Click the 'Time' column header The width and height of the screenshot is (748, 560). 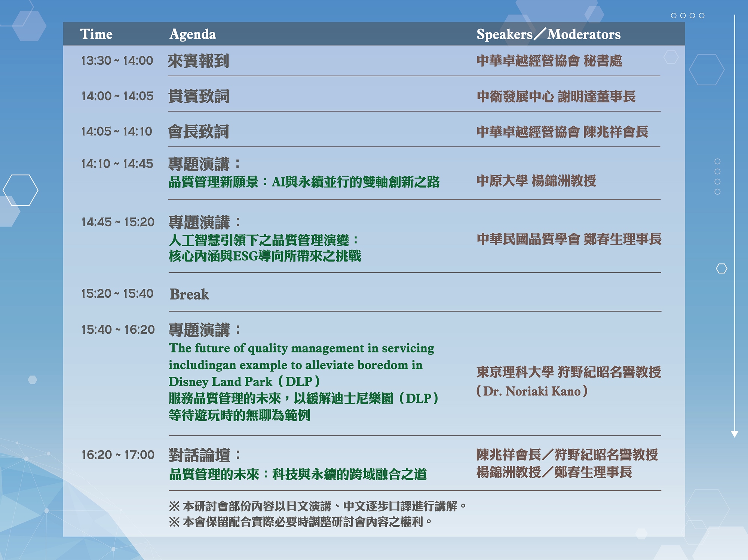(x=96, y=34)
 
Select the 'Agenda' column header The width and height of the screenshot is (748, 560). (x=193, y=34)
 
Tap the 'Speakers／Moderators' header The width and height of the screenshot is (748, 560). (x=548, y=34)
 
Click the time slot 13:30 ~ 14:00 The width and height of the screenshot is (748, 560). (x=117, y=60)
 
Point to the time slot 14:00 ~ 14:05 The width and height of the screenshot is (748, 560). (x=117, y=96)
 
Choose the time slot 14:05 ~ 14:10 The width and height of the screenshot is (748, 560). (x=117, y=131)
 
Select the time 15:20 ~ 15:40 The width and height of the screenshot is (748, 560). (x=117, y=294)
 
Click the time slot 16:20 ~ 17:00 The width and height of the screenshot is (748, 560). (x=118, y=455)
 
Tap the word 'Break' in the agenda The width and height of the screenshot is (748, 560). (x=189, y=294)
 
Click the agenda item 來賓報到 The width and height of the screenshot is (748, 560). (x=198, y=61)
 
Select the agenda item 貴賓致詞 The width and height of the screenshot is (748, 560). (x=199, y=96)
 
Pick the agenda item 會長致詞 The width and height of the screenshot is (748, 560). (x=198, y=132)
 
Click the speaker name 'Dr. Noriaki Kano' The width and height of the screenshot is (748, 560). (x=531, y=391)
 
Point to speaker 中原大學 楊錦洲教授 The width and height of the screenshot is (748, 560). (x=536, y=181)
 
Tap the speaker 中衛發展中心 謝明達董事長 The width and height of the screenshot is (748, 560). (x=556, y=97)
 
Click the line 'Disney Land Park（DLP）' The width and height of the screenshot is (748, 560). (x=244, y=382)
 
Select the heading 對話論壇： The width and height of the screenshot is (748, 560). (x=204, y=455)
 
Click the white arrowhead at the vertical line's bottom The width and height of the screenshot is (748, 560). (x=735, y=434)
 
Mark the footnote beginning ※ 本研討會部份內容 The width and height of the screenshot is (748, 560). (x=318, y=506)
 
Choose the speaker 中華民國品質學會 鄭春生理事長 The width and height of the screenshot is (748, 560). (x=569, y=239)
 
